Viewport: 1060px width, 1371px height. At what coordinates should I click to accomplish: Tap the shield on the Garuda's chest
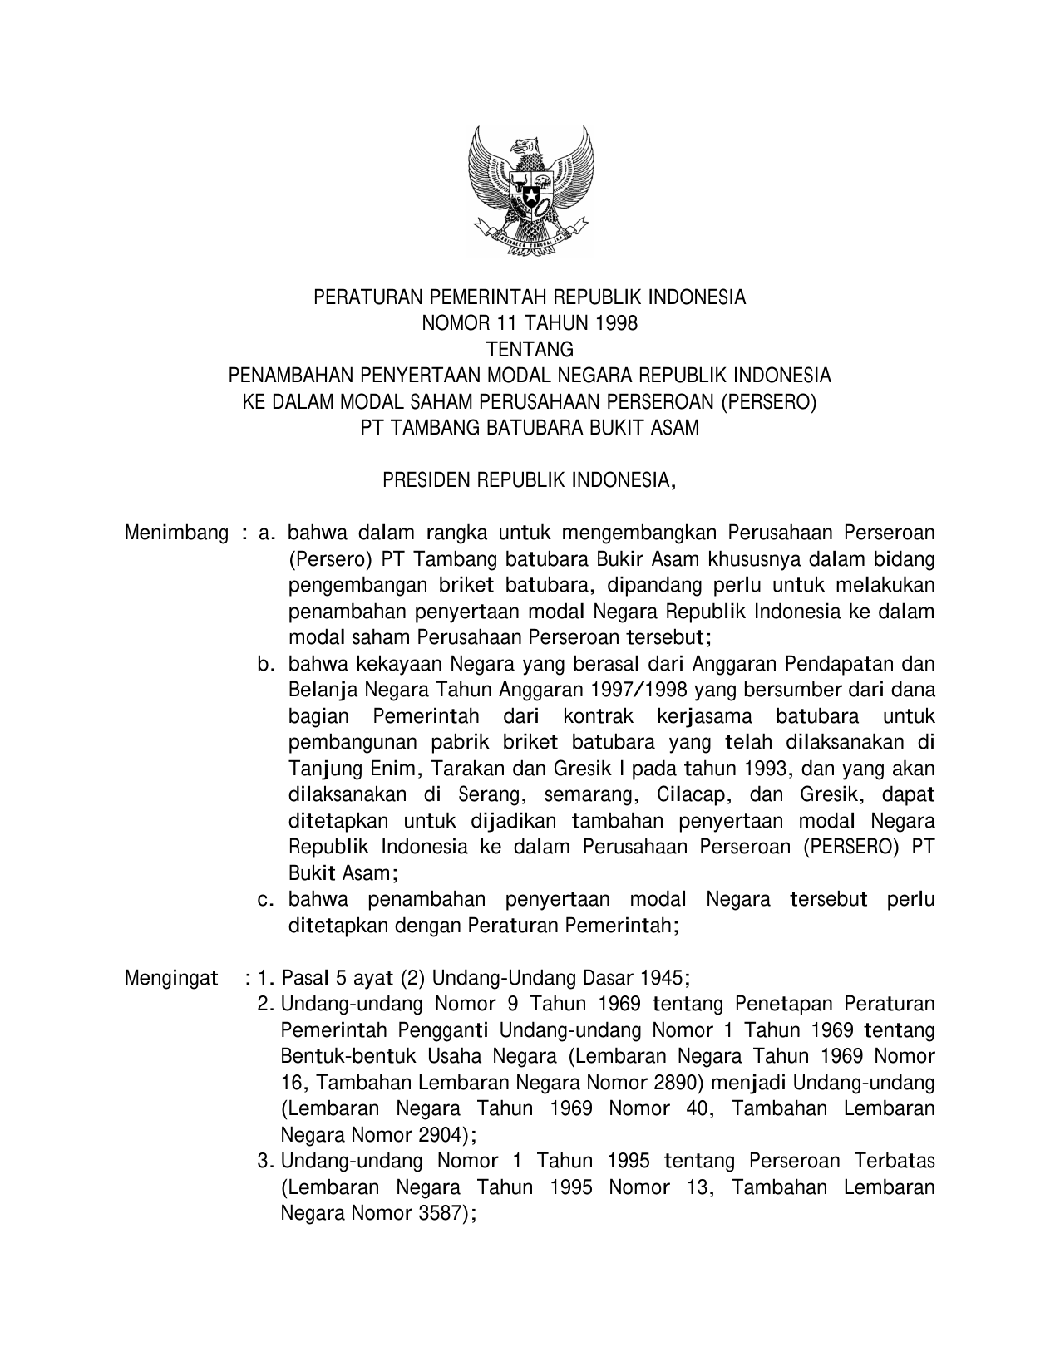pos(530,188)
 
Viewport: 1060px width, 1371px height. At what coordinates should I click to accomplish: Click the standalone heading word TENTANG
pos(530,349)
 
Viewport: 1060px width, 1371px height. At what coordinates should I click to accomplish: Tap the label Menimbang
pos(176,533)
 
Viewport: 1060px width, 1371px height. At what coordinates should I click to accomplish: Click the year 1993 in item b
pos(765,769)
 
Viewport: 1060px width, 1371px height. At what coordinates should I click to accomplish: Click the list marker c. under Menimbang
pos(266,899)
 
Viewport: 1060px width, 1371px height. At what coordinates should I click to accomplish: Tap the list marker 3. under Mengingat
pos(266,1162)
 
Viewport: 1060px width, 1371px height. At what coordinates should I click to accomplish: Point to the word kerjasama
pos(703,716)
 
